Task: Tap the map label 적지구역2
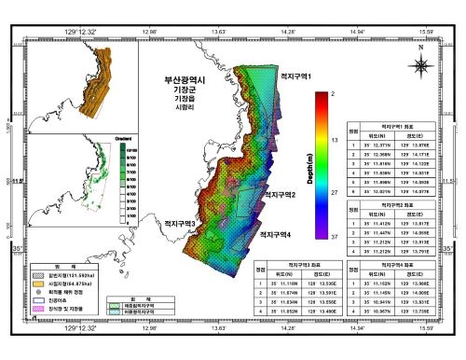pos(276,195)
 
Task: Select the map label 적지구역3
pos(179,225)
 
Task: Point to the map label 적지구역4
pos(281,234)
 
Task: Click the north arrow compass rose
pos(421,63)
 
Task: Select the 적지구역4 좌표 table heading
pos(391,265)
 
